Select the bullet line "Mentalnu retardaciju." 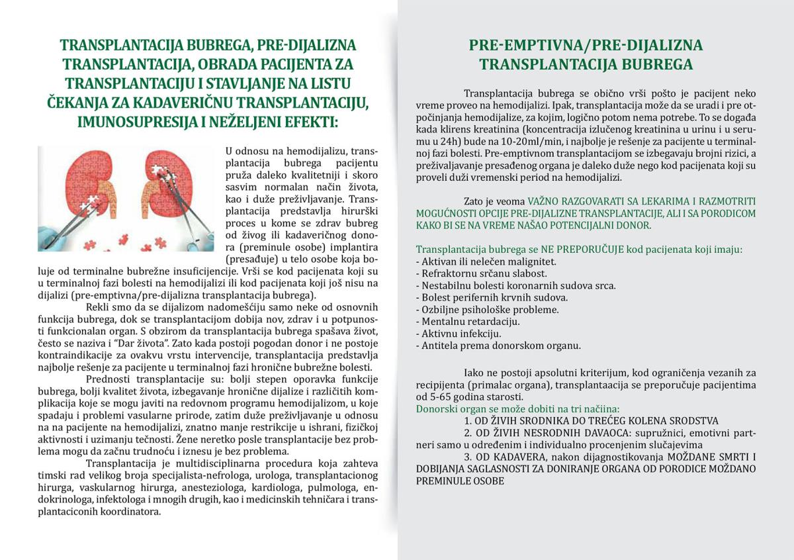pos(468,322)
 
